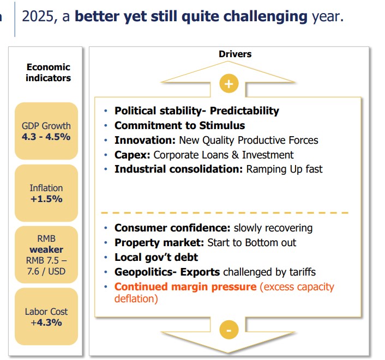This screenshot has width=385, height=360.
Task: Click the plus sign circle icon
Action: tap(228, 83)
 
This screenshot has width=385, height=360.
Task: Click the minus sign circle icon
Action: tap(228, 330)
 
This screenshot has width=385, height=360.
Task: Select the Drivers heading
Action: tap(235, 54)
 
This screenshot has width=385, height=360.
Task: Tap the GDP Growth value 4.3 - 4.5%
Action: tap(46, 137)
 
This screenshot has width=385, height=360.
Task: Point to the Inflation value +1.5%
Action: tap(46, 199)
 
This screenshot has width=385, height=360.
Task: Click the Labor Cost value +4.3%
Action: tap(46, 322)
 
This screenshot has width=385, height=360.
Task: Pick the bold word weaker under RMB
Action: tap(46, 249)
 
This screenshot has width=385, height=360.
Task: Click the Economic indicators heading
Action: tap(49, 72)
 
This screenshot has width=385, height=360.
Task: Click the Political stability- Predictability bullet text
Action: tap(196, 111)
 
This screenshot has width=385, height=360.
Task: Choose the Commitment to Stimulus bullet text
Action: tap(179, 126)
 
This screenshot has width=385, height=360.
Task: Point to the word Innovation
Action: tap(145, 141)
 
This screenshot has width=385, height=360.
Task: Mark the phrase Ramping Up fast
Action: tap(284, 169)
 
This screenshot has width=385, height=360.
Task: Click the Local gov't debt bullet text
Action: tap(156, 257)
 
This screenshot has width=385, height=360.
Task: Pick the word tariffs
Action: tap(300, 272)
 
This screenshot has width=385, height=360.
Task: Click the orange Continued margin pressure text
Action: tap(185, 286)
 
